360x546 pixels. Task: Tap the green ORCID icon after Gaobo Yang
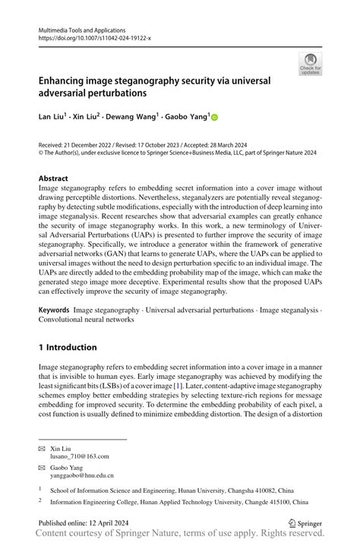[x=213, y=118]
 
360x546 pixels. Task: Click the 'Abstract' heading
[x=53, y=179]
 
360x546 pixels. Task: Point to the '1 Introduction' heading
[x=68, y=347]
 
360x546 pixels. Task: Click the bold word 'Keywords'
[x=54, y=311]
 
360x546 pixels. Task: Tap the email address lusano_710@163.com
[x=81, y=456]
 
